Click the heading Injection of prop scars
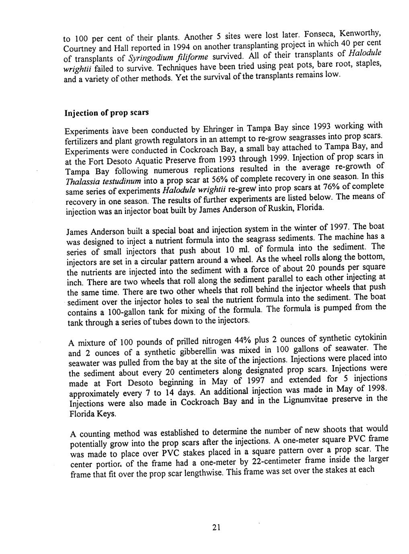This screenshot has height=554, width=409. [107, 113]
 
